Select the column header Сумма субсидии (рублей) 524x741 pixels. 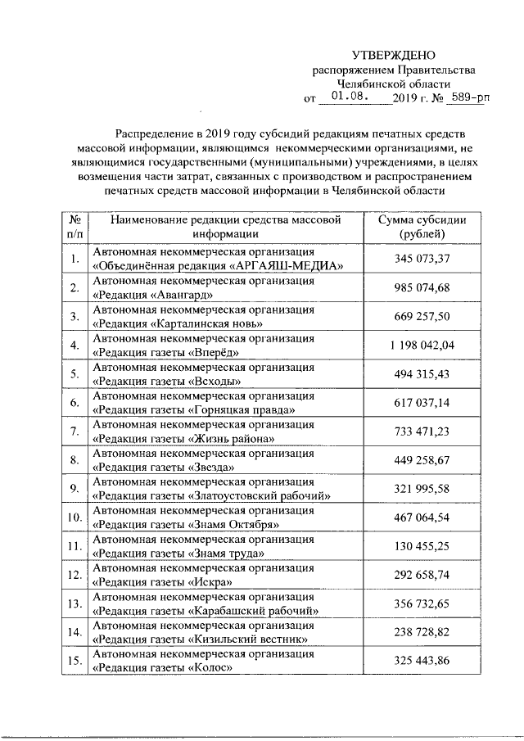[x=421, y=227]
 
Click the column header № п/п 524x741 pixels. [x=74, y=227]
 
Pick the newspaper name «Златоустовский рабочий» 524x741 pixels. [x=260, y=495]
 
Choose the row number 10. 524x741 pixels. [x=74, y=517]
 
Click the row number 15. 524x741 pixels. [x=74, y=660]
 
